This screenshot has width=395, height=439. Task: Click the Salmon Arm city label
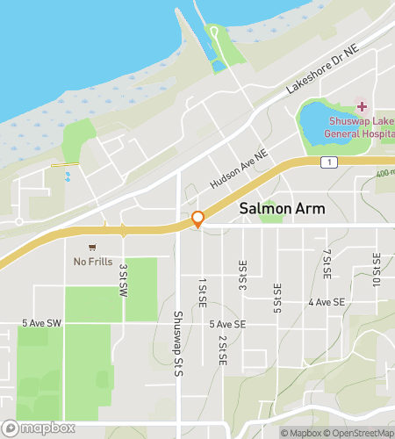282,210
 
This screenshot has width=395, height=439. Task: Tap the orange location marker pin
198,219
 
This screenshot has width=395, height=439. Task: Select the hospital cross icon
361,106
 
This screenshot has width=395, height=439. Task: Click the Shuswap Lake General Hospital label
361,127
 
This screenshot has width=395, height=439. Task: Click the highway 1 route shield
327,162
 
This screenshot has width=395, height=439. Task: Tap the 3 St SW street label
124,279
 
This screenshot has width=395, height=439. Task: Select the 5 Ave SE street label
226,323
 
